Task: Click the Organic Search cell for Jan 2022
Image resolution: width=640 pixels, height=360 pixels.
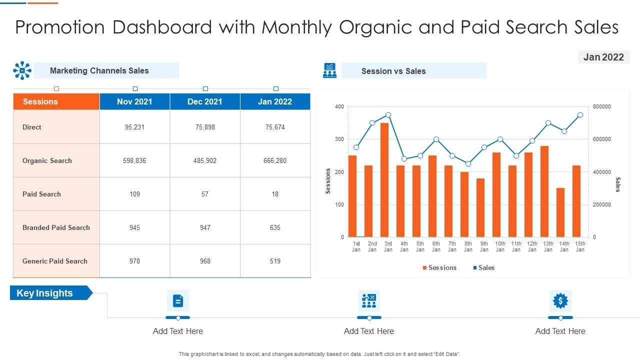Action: point(275,160)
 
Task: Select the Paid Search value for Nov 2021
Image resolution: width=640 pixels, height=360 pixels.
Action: point(134,194)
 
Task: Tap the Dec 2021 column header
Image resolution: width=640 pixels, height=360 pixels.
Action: point(205,101)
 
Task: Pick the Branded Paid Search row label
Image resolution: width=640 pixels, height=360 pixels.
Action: point(56,227)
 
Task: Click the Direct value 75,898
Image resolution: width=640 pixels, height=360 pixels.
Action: point(205,127)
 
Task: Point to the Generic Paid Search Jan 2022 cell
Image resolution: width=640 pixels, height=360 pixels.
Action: point(275,261)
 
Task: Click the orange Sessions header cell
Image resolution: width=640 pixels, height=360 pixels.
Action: point(56,101)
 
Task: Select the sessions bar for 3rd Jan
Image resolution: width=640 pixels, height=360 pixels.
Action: point(384,180)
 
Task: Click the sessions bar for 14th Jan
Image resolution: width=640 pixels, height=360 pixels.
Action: point(560,212)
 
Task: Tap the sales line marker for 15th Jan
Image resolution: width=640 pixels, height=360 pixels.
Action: point(580,114)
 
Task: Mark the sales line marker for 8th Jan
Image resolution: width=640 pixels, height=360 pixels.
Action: point(468,163)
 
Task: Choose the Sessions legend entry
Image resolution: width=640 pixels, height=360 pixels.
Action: point(439,268)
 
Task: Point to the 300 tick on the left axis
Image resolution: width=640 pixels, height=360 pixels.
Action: point(339,139)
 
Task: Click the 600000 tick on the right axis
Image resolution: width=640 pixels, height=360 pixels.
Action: point(601,139)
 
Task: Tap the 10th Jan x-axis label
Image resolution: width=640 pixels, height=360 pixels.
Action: point(500,246)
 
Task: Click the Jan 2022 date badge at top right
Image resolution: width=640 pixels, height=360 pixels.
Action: point(603,57)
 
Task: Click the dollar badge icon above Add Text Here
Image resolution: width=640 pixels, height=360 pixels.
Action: point(560,301)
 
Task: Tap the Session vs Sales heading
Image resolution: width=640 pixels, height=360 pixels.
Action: point(393,71)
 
